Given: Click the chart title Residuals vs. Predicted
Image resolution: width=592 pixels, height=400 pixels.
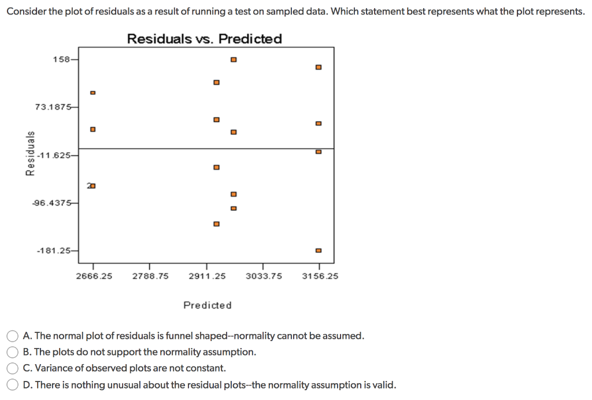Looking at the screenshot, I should coord(204,39).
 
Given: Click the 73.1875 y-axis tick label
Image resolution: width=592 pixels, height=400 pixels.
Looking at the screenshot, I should coord(53,107).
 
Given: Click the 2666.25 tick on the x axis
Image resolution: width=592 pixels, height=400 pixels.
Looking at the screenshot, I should coord(94,276).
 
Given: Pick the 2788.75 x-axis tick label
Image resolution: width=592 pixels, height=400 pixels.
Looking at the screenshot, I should coord(150,276).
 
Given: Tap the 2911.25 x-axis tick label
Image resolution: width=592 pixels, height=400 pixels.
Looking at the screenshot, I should coord(207,276).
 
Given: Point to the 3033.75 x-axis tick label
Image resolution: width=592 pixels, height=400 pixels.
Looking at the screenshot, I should coord(264,276).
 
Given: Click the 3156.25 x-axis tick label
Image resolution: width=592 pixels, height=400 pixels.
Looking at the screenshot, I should coord(320,276).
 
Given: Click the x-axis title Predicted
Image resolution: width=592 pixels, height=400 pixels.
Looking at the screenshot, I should coord(207,305).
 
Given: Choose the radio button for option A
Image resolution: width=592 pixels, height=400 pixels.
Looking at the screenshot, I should coord(12,336).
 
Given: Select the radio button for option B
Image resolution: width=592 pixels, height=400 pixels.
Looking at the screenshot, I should coord(12,352).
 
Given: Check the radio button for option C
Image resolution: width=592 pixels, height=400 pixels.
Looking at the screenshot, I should coord(12,368).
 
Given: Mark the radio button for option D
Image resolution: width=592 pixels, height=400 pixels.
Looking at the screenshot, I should coord(12,385).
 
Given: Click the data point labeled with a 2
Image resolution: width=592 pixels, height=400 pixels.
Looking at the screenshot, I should coord(92,186).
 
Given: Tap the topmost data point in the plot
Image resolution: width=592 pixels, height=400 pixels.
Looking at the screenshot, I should coord(233,60).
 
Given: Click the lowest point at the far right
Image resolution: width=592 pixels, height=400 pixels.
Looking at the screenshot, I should coord(318,250).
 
